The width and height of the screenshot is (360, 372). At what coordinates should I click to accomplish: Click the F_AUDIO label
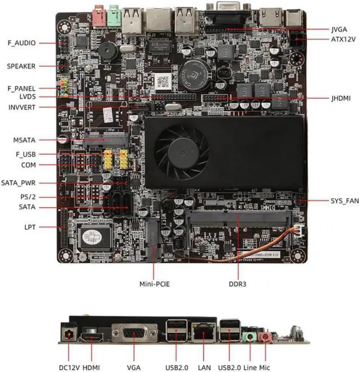[21, 43]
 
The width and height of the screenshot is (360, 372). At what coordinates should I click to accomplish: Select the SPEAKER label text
[21, 66]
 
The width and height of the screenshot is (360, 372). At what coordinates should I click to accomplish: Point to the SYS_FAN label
[344, 201]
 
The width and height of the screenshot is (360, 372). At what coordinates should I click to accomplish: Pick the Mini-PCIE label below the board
[154, 284]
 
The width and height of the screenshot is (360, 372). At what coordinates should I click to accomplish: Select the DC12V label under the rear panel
[71, 367]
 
